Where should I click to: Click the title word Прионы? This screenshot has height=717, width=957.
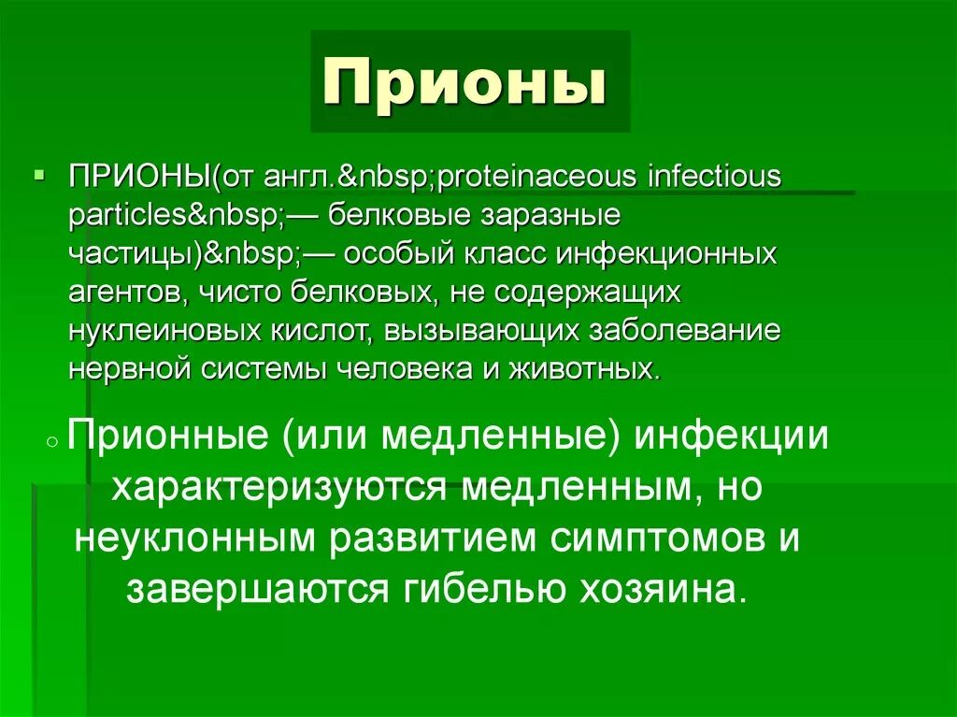(x=464, y=84)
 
